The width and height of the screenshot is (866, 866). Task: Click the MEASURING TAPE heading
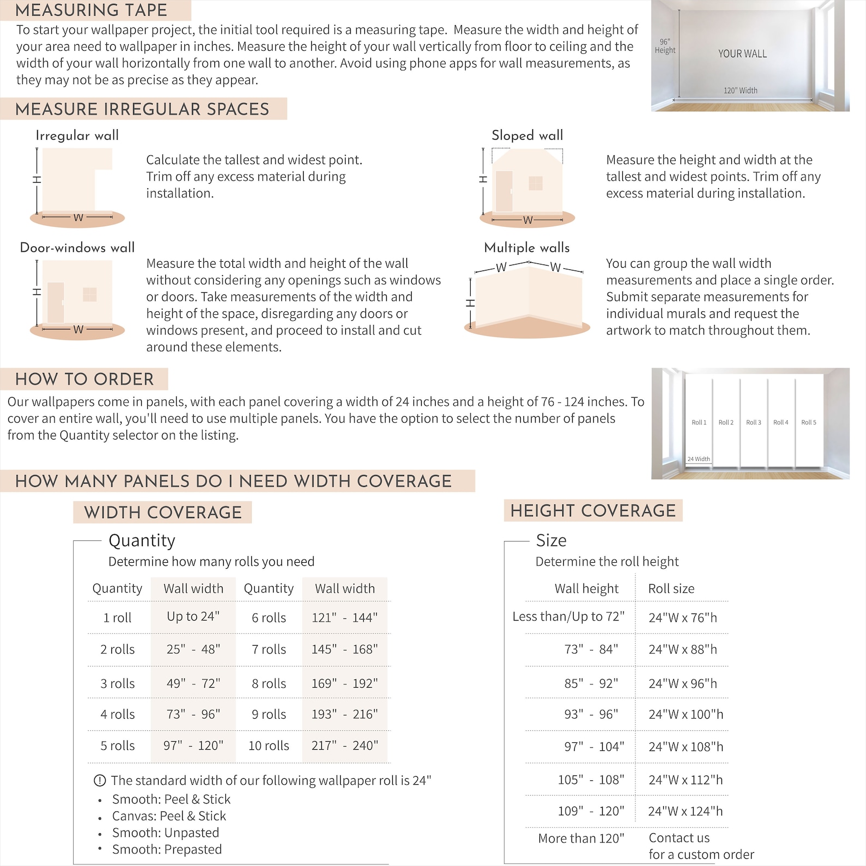(x=91, y=10)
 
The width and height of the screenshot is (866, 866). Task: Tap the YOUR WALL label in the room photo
(x=742, y=53)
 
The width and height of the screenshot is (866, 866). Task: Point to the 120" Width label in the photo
(x=740, y=91)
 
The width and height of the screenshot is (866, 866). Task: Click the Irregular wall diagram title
(x=77, y=135)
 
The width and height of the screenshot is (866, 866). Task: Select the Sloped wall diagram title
(x=527, y=135)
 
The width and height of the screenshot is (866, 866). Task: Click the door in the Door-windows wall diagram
(x=56, y=303)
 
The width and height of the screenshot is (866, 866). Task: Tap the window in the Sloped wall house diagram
(x=536, y=183)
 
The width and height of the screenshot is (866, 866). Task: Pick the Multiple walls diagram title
(x=527, y=248)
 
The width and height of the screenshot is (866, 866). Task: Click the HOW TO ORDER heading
(x=85, y=379)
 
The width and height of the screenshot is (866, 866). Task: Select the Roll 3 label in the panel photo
(x=754, y=422)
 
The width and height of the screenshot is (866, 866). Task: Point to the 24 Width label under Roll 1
(x=699, y=459)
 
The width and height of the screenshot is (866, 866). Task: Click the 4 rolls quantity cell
(x=117, y=714)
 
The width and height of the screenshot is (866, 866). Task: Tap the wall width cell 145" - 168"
(x=345, y=649)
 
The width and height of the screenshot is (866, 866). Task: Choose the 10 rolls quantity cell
(x=269, y=745)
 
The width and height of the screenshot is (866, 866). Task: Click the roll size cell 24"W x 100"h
(x=685, y=714)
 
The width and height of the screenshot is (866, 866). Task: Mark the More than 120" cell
(x=581, y=838)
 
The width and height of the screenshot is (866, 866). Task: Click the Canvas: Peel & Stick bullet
(x=169, y=816)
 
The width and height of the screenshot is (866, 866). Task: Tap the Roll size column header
(x=671, y=589)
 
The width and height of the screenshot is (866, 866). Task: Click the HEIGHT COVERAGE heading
(x=593, y=510)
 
